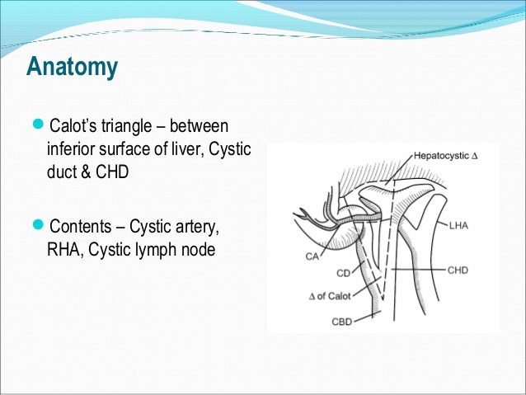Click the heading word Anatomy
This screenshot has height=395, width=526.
72,67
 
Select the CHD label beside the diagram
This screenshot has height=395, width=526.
459,270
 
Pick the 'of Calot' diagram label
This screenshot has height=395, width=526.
337,295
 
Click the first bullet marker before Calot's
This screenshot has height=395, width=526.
42,127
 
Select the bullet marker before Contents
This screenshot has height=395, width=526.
42,225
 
